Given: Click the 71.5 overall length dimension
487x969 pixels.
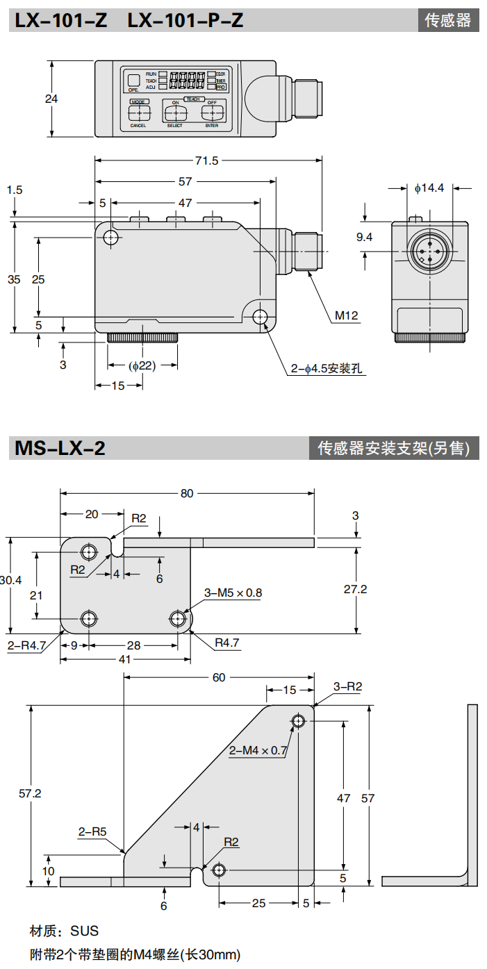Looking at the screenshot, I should click(x=207, y=161).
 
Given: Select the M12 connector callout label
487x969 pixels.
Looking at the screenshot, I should click(x=346, y=316).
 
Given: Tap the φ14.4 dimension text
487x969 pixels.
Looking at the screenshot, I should click(x=429, y=188).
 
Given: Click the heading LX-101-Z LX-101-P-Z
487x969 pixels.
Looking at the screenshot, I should click(x=129, y=20).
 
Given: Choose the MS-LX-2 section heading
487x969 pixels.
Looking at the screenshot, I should click(x=60, y=448).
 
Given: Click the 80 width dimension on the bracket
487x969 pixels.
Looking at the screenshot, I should click(x=187, y=493).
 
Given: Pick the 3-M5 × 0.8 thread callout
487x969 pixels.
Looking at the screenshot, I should click(x=233, y=593).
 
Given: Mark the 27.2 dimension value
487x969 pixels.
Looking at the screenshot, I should click(x=355, y=589).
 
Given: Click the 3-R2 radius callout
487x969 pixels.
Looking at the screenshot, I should click(x=347, y=687).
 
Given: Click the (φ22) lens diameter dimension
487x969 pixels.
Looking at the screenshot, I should click(x=142, y=366).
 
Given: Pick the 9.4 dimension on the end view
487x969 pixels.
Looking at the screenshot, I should click(x=365, y=238).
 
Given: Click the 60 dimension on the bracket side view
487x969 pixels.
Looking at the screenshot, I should click(x=219, y=677).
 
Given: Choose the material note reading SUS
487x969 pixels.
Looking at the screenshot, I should click(x=64, y=931).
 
